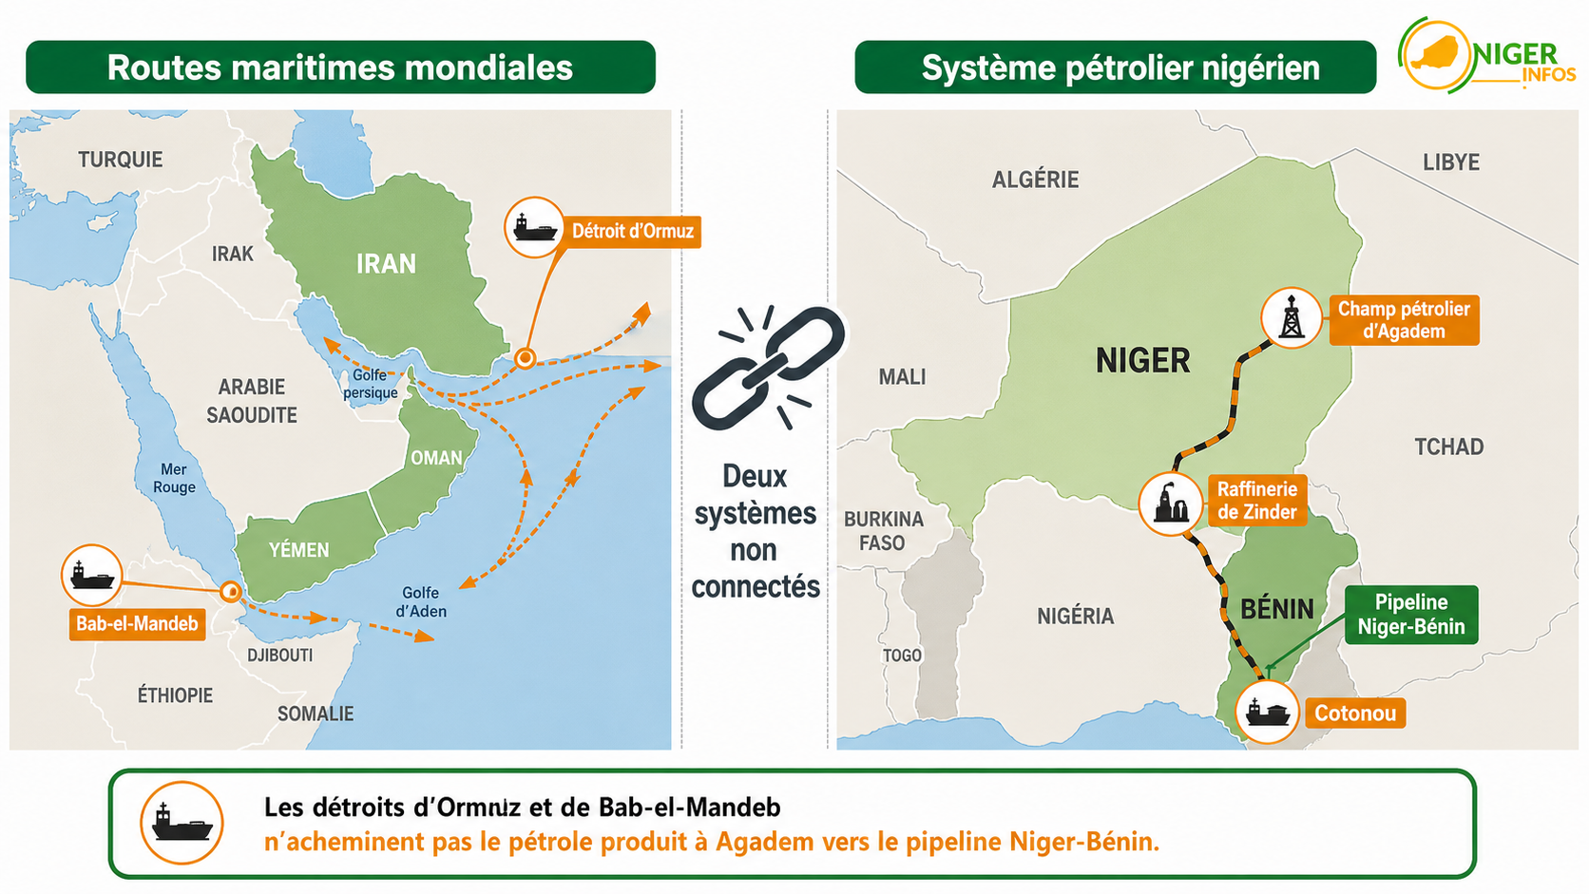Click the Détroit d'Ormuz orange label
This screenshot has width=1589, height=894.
633,232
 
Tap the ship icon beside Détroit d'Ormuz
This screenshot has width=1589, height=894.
534,228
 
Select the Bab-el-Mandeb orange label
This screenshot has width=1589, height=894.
137,624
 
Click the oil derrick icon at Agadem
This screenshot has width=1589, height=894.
1291,317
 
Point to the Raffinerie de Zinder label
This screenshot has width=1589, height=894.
1257,501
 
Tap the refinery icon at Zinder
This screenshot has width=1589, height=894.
1171,504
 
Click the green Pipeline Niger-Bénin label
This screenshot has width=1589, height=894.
1411,615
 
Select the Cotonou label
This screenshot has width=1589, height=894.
1355,713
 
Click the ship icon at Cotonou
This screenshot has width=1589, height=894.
1267,712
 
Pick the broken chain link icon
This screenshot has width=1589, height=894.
768,368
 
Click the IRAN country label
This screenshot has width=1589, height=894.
386,264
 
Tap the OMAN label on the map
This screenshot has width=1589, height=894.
436,459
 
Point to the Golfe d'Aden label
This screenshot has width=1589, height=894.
421,602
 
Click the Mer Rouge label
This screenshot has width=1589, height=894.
174,479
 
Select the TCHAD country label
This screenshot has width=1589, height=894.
1449,447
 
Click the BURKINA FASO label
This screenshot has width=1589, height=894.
884,531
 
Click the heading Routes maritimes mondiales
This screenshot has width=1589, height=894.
340,67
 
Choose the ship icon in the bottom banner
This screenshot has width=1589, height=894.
182,823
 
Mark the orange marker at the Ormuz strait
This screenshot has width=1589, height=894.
525,358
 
